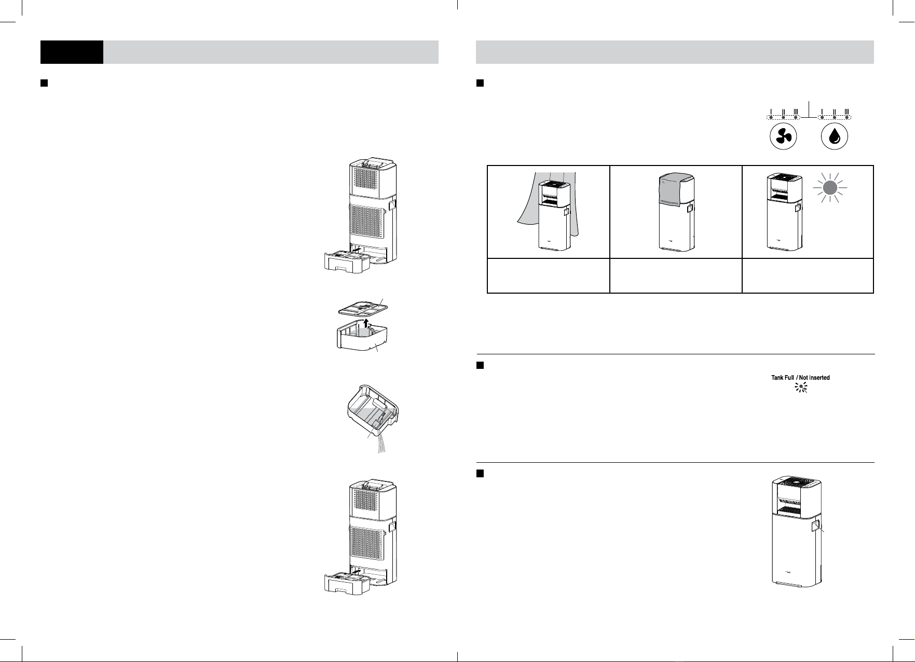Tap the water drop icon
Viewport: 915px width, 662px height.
[x=835, y=136]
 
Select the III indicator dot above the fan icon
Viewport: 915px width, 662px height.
[x=795, y=118]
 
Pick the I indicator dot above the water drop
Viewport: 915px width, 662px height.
[x=822, y=118]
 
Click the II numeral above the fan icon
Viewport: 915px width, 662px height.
[x=784, y=112]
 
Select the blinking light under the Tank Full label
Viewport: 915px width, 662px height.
[x=801, y=387]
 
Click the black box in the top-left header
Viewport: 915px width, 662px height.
[x=72, y=52]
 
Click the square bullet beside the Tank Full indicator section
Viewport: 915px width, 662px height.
[x=480, y=366]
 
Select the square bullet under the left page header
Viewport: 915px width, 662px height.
[x=44, y=83]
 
